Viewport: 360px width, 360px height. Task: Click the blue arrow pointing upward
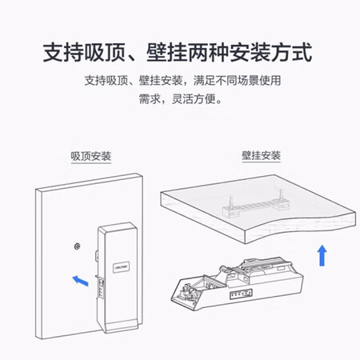pos(322,255)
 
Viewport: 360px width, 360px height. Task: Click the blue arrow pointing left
pos(80,281)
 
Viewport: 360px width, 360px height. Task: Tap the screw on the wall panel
pos(78,246)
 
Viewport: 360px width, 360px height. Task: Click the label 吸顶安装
pos(91,156)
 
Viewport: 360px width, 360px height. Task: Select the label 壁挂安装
pos(261,155)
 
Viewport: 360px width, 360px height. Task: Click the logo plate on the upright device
pos(122,267)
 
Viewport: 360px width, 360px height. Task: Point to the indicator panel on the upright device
pos(102,287)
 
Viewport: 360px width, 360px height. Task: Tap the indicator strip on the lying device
pos(241,294)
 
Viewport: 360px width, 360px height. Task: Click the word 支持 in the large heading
pos(63,52)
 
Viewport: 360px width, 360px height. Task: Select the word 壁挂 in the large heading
pos(167,52)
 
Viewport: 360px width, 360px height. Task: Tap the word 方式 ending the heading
pos(292,52)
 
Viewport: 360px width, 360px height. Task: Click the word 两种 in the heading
pos(209,52)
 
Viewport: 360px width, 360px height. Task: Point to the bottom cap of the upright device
pos(122,326)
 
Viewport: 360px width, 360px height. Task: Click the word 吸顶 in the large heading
pos(105,52)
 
